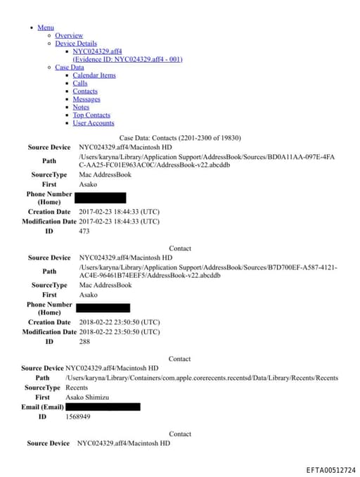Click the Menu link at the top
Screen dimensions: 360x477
[46, 27]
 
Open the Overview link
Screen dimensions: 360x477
[69, 35]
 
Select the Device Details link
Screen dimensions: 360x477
[76, 44]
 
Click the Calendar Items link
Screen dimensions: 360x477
[94, 75]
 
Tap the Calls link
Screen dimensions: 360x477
[80, 84]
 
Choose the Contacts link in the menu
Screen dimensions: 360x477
[85, 91]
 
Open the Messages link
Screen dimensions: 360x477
[86, 99]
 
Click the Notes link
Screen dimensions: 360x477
[81, 107]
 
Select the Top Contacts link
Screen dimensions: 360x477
[91, 115]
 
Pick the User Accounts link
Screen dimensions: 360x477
[94, 123]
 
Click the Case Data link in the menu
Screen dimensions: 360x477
[69, 68]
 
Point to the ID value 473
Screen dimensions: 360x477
[84, 231]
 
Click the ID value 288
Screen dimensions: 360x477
[84, 341]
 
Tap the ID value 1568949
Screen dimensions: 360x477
[77, 416]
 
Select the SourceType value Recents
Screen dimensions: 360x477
[77, 388]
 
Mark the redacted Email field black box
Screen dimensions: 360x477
[103, 407]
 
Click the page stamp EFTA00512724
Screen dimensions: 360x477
[330, 469]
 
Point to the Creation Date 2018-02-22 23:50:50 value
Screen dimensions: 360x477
[119, 322]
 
